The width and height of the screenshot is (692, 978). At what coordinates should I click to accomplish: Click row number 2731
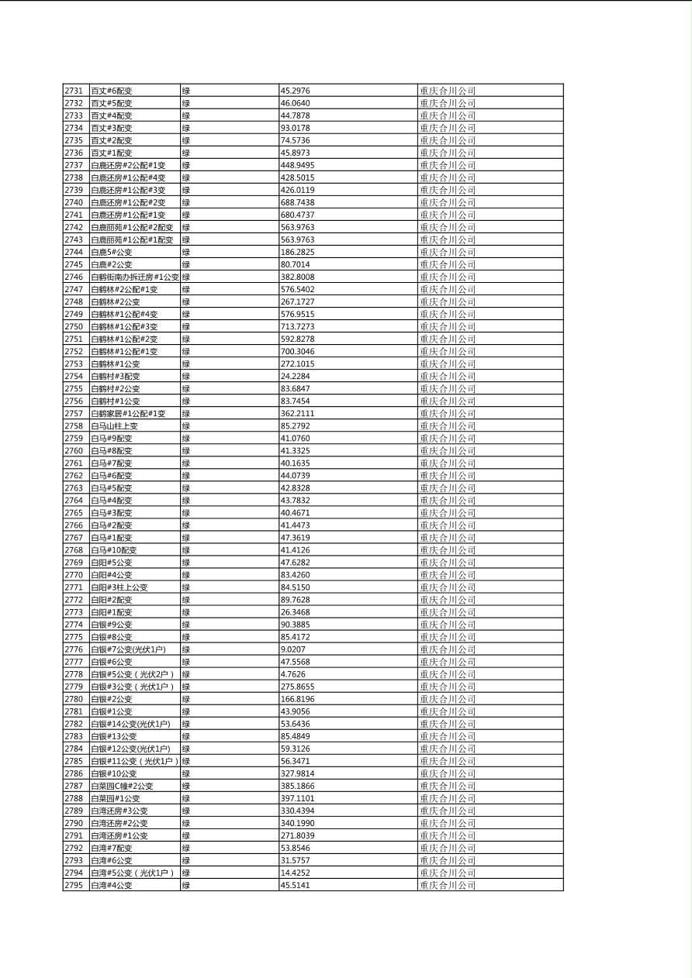[x=74, y=91]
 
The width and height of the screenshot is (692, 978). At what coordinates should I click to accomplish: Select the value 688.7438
[x=297, y=202]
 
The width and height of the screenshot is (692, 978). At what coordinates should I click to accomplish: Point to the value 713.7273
[x=297, y=326]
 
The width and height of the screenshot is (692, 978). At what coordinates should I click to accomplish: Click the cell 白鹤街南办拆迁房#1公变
[x=134, y=277]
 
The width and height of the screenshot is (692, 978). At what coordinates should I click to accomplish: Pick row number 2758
[x=74, y=425]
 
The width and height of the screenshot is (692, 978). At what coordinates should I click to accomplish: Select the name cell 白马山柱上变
[x=114, y=425]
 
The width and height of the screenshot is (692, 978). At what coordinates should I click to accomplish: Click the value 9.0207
[x=292, y=649]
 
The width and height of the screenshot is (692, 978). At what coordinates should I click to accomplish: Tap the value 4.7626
[x=292, y=674]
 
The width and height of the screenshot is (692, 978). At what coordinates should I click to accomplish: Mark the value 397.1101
[x=297, y=798]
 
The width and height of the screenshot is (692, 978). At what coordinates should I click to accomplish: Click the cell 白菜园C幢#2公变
[x=122, y=786]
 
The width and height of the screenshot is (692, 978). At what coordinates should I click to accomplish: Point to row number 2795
[x=74, y=885]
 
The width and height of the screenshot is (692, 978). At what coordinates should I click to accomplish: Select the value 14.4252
[x=295, y=873]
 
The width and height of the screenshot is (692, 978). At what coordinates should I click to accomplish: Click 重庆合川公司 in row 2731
[x=448, y=91]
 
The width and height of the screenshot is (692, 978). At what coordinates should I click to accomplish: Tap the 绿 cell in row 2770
[x=186, y=575]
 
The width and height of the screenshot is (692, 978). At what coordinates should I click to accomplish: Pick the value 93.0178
[x=295, y=128]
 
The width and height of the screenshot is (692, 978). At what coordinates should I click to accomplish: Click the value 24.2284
[x=295, y=376]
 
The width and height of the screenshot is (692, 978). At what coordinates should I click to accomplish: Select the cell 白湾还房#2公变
[x=119, y=823]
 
